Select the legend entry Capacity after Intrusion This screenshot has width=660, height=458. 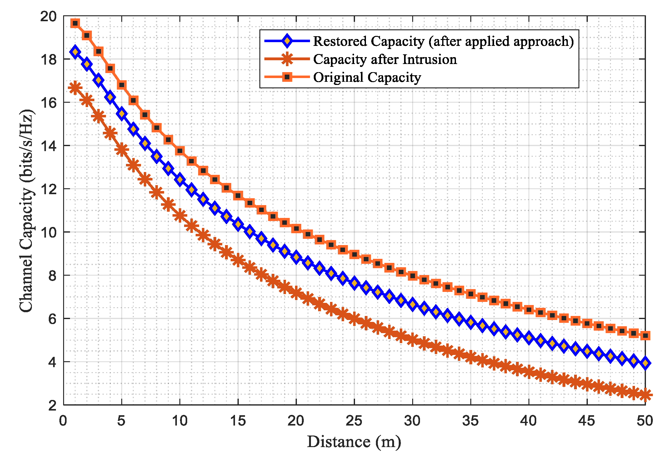(x=385, y=59)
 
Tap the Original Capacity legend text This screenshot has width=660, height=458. (x=367, y=77)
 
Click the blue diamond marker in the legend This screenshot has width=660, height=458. (x=287, y=41)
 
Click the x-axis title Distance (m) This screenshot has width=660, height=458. (x=354, y=442)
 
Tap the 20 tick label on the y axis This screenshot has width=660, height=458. (x=48, y=16)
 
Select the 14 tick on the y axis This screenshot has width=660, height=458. (x=48, y=146)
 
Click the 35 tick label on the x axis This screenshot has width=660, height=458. (x=471, y=421)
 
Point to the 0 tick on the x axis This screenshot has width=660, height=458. (x=63, y=421)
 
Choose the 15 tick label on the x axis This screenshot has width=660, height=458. (x=238, y=421)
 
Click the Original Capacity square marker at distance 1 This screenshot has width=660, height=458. (x=75, y=23)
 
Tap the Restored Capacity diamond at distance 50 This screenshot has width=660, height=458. (x=645, y=363)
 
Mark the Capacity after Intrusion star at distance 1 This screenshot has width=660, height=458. (x=75, y=88)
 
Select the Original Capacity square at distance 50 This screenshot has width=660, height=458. (x=645, y=336)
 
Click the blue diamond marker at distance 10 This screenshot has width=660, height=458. (x=180, y=180)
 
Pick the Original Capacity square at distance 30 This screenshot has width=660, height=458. (x=412, y=276)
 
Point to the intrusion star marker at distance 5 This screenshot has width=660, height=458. (x=122, y=150)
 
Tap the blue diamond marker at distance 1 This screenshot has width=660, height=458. (x=75, y=52)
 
